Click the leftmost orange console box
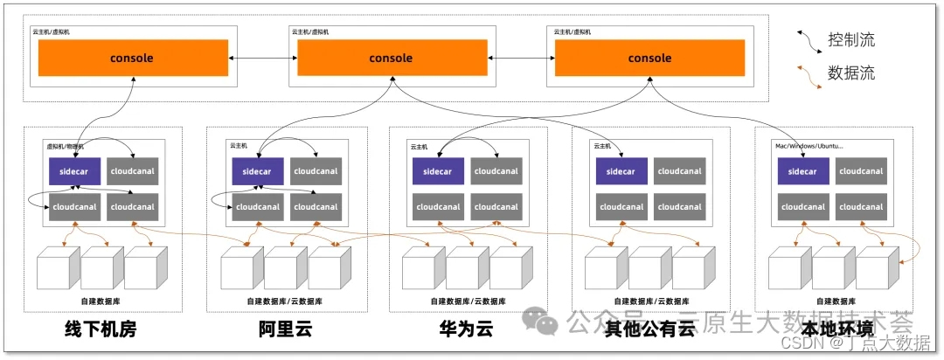(131, 58)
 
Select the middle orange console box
(391, 58)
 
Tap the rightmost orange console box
(649, 58)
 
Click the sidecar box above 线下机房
(73, 170)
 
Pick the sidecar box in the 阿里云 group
(257, 170)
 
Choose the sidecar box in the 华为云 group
(438, 170)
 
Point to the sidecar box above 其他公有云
(621, 170)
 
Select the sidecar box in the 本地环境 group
(802, 170)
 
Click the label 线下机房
(101, 329)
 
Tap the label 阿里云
(285, 329)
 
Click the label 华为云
(466, 329)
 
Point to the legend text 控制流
(850, 39)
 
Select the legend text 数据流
(850, 73)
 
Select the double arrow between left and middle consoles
(260, 59)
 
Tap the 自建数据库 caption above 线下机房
(101, 301)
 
